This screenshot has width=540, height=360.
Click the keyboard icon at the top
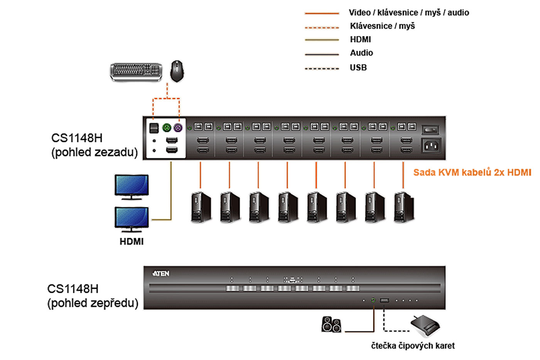136,72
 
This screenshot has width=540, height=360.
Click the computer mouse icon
177,71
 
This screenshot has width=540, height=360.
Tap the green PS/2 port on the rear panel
167,127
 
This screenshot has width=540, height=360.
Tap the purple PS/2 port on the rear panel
178,127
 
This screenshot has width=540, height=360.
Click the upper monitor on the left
132,187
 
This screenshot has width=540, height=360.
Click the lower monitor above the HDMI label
132,219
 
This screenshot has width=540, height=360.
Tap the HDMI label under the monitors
132,242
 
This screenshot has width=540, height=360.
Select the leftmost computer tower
201,207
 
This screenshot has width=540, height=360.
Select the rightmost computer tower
404,207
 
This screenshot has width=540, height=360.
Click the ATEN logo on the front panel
161,274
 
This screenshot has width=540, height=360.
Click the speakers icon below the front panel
331,325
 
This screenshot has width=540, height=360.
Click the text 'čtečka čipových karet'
413,346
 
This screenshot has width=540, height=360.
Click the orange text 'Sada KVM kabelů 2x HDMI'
472,172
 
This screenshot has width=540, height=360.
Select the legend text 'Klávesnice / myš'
382,26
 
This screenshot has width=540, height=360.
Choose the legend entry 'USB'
358,68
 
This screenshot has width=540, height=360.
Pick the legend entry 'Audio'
361,53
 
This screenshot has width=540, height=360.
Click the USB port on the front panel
385,300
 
